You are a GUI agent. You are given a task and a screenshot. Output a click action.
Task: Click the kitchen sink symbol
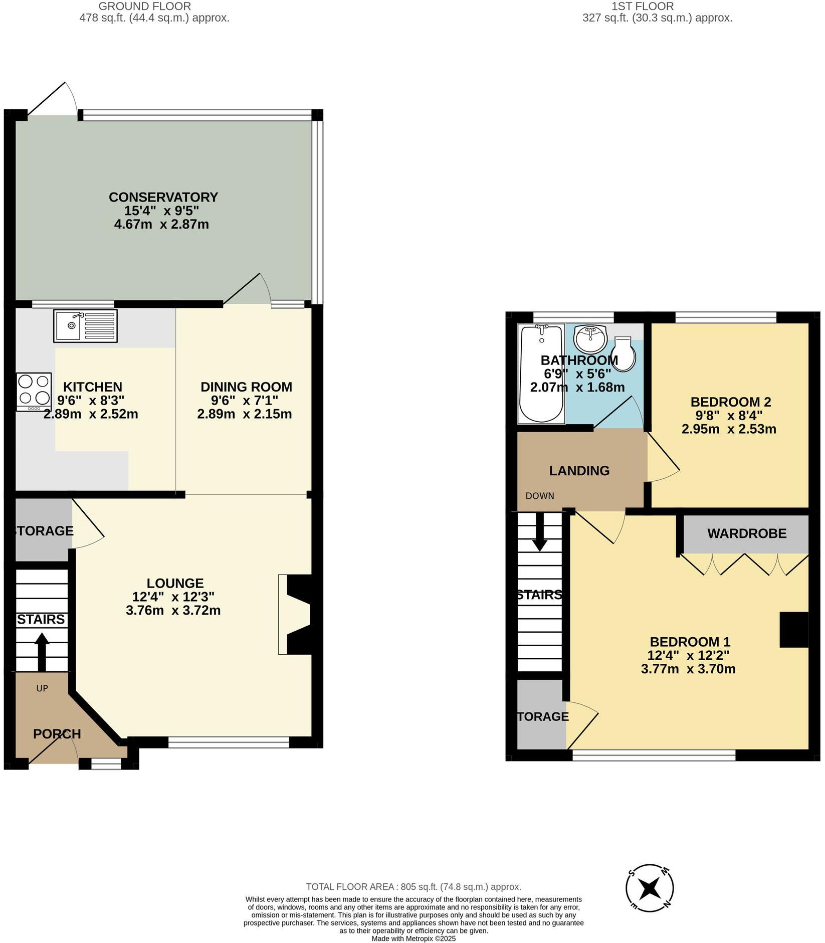point(85,326)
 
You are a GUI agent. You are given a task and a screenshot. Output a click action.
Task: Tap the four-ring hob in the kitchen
point(34,391)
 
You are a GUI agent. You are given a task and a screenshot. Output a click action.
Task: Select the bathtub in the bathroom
point(541,373)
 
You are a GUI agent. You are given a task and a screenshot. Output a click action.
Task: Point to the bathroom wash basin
point(590,338)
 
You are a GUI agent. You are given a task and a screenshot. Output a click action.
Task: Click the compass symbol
point(650,889)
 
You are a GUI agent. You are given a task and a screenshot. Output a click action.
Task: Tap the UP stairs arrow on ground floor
point(42,651)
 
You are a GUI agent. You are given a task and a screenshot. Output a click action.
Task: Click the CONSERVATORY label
point(163,197)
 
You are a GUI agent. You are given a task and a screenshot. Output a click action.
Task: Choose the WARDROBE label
point(746,533)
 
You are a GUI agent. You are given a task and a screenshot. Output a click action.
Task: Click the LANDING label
point(579,471)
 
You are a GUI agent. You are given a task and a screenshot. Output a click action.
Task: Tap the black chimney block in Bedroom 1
point(793,630)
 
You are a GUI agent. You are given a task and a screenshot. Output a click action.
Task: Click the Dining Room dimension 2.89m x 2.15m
point(244,414)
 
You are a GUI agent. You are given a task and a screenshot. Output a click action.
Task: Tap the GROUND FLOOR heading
point(144,7)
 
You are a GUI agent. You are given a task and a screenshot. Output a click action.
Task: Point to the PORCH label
point(57,734)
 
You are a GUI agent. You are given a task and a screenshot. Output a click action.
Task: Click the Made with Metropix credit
point(414,938)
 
